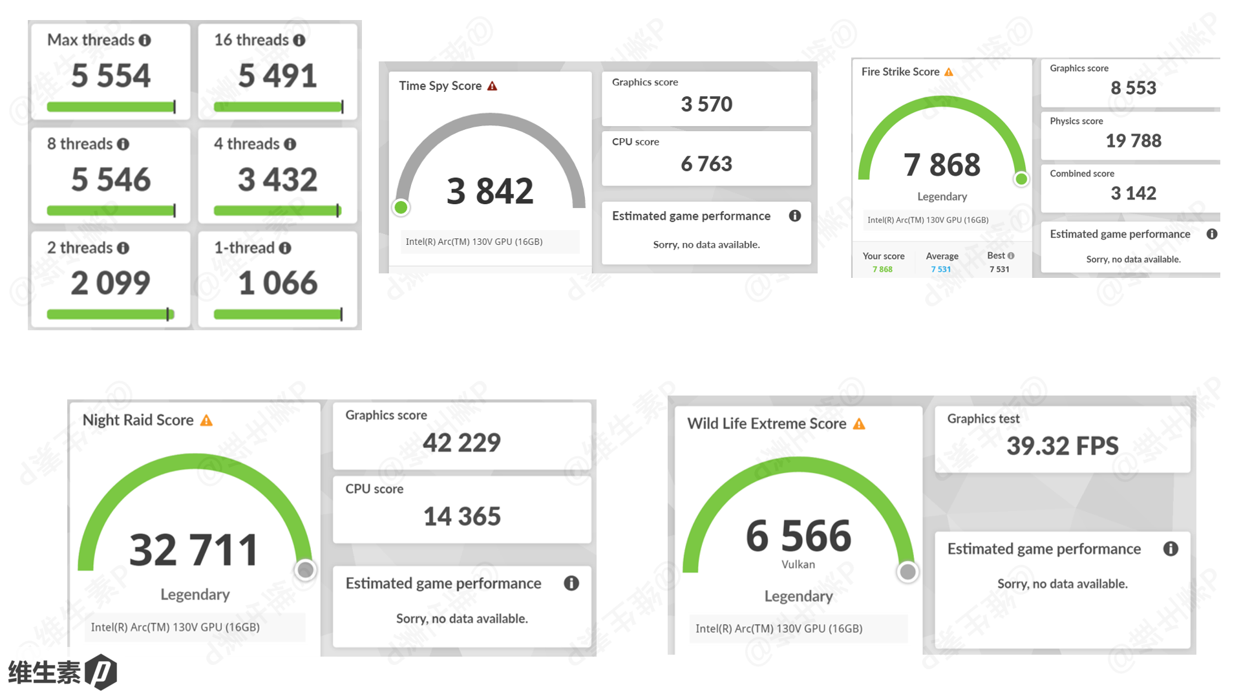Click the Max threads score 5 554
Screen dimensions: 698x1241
[x=111, y=76]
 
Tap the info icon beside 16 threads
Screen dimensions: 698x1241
[x=299, y=40]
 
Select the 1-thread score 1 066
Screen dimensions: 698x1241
[x=278, y=283]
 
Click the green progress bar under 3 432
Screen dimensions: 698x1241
[x=277, y=210]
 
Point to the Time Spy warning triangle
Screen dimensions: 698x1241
[x=493, y=86]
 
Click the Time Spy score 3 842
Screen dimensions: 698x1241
[x=490, y=191]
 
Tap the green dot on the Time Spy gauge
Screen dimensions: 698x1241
[x=401, y=207]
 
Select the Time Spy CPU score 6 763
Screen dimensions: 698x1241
[x=706, y=164]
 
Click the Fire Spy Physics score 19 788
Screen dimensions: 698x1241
[x=1133, y=141]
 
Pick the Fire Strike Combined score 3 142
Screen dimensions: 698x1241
[x=1133, y=193]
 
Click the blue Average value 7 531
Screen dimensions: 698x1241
[x=940, y=270]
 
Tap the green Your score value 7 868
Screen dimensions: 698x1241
[x=882, y=270]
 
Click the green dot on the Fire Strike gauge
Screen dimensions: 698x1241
[x=1021, y=179]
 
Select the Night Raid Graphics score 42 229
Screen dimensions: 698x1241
[x=461, y=443]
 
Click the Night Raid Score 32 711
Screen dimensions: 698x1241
[x=194, y=550]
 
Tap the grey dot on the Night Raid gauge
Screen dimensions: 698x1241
[x=305, y=570]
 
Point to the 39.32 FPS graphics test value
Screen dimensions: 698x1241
[x=1062, y=446]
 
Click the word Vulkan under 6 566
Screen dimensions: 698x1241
[x=798, y=564]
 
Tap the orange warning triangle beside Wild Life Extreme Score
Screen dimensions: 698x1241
[x=859, y=424]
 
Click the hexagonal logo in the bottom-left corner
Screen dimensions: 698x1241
[x=101, y=672]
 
